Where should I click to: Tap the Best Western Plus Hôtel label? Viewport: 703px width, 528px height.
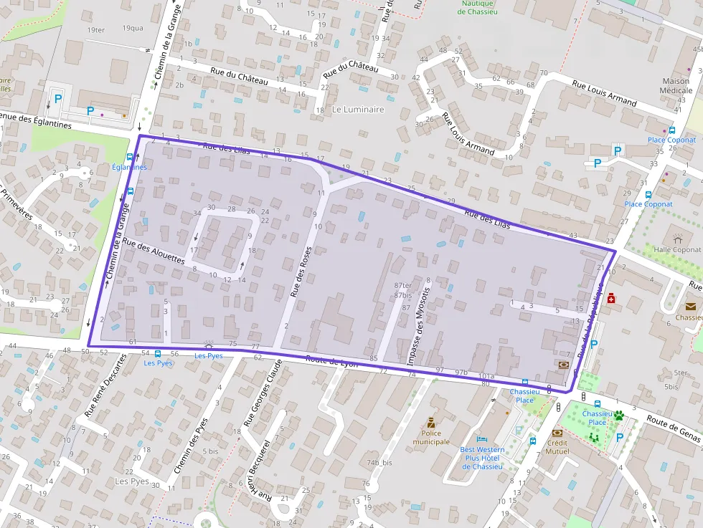[482, 458]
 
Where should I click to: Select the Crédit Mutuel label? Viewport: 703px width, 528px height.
[557, 446]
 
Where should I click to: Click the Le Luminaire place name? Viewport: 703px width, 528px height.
[358, 110]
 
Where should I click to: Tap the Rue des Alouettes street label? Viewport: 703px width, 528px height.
[154, 252]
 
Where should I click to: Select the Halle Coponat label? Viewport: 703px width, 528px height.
[677, 249]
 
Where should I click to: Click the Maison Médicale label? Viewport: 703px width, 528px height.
[676, 85]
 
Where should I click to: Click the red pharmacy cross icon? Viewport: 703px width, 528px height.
[611, 298]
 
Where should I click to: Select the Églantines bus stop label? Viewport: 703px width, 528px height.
[129, 167]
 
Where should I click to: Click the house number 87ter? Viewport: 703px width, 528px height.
[403, 285]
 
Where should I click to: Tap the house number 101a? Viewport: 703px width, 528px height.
[486, 375]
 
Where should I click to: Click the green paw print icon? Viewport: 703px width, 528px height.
[618, 414]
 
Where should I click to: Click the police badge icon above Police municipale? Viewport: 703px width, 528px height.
[431, 422]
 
